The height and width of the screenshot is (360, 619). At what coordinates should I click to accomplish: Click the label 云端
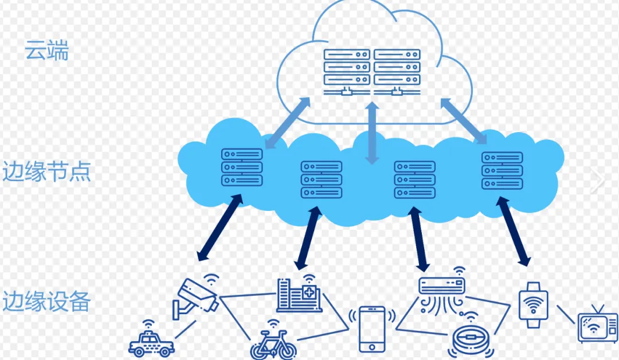(46, 50)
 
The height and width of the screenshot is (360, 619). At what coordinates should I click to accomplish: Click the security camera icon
(194, 297)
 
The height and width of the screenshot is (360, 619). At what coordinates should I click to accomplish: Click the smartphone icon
(372, 328)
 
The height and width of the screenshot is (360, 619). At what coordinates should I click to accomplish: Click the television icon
(597, 328)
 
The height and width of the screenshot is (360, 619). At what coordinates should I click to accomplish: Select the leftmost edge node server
(241, 167)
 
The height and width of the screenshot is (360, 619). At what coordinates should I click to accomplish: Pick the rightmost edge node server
(502, 170)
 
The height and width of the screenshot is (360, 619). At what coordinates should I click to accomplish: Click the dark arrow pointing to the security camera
(218, 228)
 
